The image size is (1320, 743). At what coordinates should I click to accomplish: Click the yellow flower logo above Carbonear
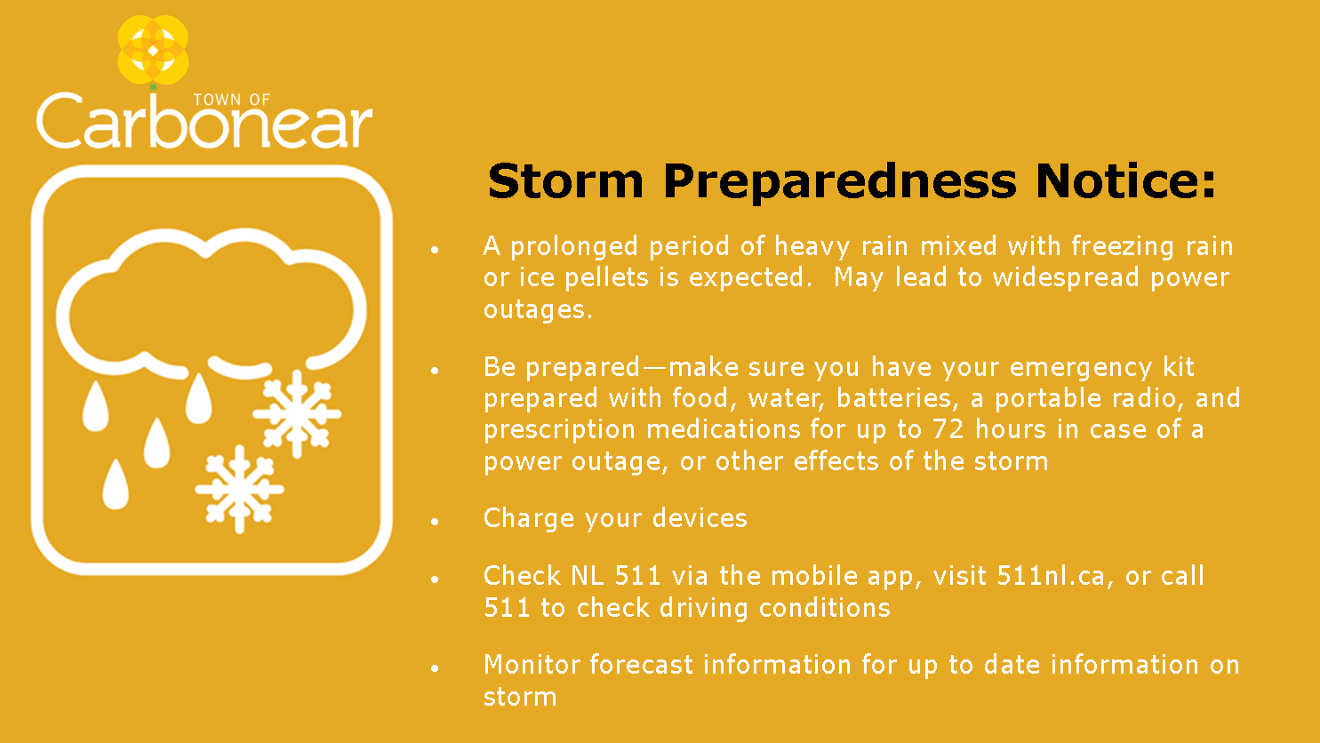click(153, 50)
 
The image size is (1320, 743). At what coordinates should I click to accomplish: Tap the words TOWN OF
click(232, 100)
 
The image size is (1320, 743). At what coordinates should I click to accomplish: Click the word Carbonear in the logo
click(204, 121)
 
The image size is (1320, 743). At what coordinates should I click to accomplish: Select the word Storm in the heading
click(565, 181)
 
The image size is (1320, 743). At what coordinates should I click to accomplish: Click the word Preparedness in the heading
click(840, 183)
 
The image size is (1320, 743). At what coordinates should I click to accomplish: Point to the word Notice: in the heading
click(1125, 181)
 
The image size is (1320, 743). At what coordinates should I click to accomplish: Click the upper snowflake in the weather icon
click(297, 413)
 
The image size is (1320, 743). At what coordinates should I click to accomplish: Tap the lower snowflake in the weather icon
click(239, 489)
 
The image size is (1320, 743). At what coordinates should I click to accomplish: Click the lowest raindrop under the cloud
click(116, 484)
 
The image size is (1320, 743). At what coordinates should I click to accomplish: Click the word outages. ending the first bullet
click(538, 309)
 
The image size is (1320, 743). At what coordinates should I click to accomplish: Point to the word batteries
click(894, 398)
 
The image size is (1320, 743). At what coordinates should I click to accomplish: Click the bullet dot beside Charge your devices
click(435, 522)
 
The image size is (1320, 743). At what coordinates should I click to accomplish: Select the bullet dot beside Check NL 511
click(435, 579)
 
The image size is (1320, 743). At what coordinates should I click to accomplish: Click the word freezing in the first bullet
click(1124, 246)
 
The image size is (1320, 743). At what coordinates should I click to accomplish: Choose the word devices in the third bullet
click(700, 518)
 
